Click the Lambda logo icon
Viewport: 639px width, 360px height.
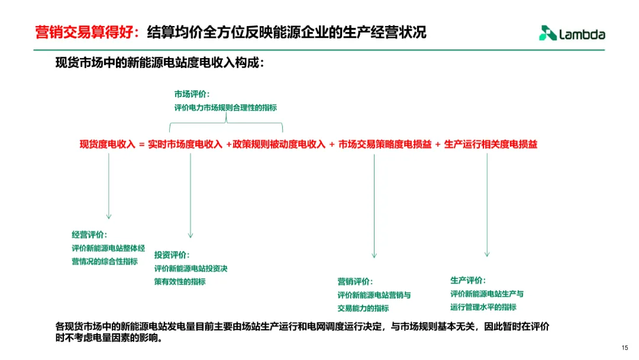tap(547, 34)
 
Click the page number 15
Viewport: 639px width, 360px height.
tap(625, 348)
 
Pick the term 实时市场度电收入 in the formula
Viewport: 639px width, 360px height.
tap(185, 144)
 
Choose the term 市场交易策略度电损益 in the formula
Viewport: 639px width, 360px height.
tap(385, 144)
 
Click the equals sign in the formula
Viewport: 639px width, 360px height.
tap(142, 144)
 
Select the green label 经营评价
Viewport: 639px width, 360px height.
tap(89, 234)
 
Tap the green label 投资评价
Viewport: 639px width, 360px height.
tap(172, 255)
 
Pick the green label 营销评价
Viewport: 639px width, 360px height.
tap(355, 281)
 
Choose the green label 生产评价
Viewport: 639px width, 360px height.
tap(467, 280)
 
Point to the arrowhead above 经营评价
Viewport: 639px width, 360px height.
tap(108, 216)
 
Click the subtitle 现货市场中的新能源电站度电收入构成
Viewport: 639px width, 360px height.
tap(160, 63)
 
